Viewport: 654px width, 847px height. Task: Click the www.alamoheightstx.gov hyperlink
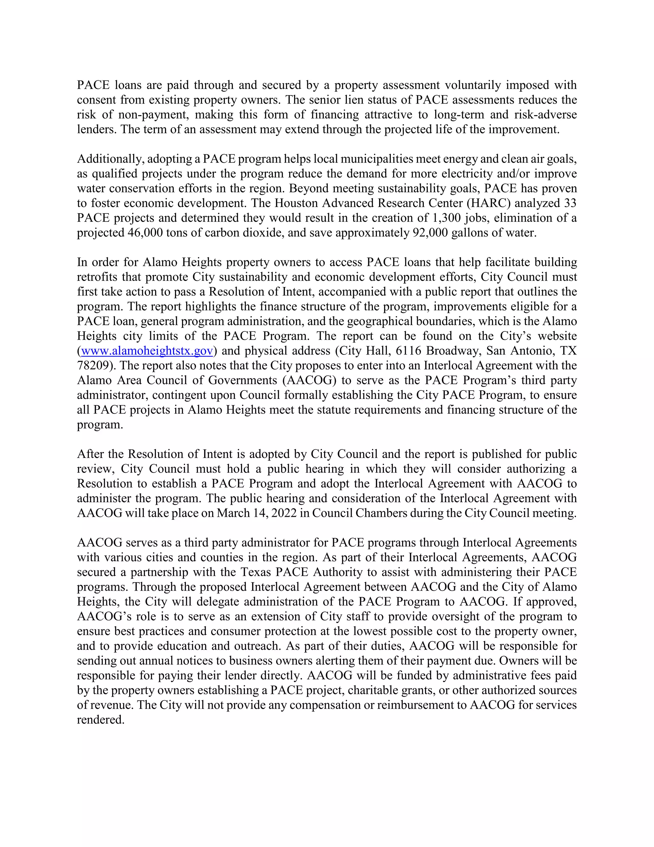(x=147, y=351)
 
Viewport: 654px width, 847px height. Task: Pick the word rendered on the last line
(x=100, y=720)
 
